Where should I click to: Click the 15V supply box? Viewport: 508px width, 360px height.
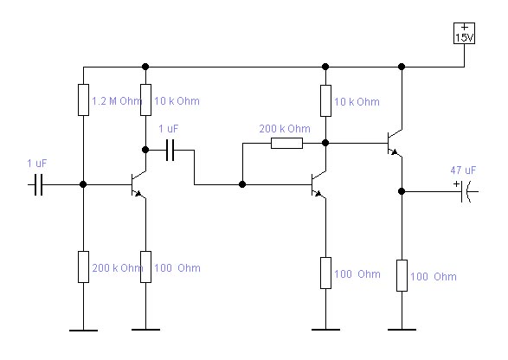(x=464, y=33)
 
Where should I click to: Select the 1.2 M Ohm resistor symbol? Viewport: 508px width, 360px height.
(x=83, y=100)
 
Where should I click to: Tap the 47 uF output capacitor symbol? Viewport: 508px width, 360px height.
(x=466, y=191)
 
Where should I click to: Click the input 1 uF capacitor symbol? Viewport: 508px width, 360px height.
(x=39, y=184)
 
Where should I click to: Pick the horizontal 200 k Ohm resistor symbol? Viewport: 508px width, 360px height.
(x=286, y=143)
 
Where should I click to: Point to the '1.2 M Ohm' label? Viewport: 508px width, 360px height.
(x=117, y=101)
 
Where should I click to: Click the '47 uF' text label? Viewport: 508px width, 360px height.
(x=463, y=170)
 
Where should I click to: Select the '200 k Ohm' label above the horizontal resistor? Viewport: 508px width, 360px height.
(x=285, y=129)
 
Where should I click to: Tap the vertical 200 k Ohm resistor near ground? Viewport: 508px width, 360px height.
(x=83, y=267)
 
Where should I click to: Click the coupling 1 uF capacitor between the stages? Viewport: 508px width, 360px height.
(x=170, y=150)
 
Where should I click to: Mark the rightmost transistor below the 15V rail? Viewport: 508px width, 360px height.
(x=395, y=143)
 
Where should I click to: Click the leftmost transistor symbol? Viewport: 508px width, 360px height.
(x=138, y=184)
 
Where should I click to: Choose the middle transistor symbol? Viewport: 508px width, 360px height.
(x=318, y=184)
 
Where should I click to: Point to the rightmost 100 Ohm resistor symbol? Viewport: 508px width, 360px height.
(x=402, y=275)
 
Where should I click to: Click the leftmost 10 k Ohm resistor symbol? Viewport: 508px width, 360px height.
(x=145, y=100)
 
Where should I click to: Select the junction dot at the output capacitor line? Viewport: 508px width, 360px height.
(x=402, y=191)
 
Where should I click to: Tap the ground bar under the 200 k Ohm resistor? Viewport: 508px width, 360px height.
(x=83, y=331)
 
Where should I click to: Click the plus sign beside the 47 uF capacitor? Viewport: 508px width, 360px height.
(x=456, y=184)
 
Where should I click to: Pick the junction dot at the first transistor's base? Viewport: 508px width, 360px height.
(x=83, y=184)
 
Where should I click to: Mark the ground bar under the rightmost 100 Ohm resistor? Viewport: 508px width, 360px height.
(x=402, y=330)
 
